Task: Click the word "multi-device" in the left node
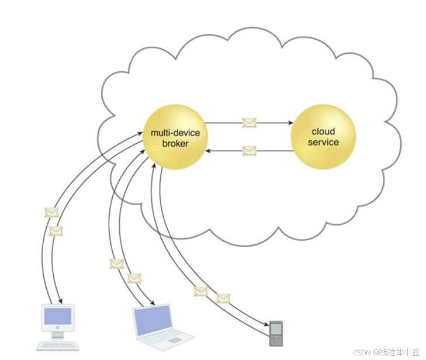(175, 133)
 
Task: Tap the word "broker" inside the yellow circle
(175, 143)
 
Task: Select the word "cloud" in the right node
(323, 131)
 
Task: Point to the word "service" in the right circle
(323, 142)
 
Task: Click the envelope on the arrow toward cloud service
(249, 123)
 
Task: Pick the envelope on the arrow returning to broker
(249, 151)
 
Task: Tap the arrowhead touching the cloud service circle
(290, 123)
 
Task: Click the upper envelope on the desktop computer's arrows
(51, 212)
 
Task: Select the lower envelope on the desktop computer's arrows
(56, 231)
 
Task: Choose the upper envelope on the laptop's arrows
(116, 264)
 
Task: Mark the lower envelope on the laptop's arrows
(134, 278)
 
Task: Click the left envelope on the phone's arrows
(201, 292)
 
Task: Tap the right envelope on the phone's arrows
(223, 298)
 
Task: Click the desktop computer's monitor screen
(58, 316)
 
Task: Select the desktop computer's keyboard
(58, 346)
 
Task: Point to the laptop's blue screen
(154, 321)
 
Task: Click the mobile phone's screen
(276, 329)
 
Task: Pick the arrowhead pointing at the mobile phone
(266, 324)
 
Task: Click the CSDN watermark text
(386, 352)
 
